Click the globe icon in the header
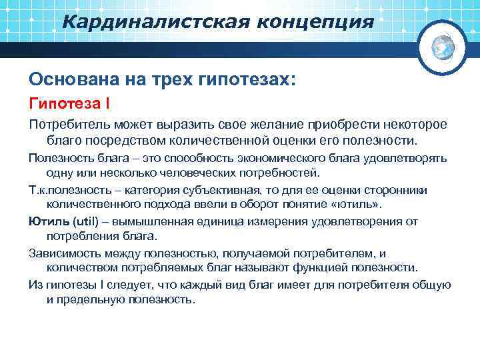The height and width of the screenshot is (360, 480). coord(443,46)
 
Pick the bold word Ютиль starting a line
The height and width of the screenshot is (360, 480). coord(45,221)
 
